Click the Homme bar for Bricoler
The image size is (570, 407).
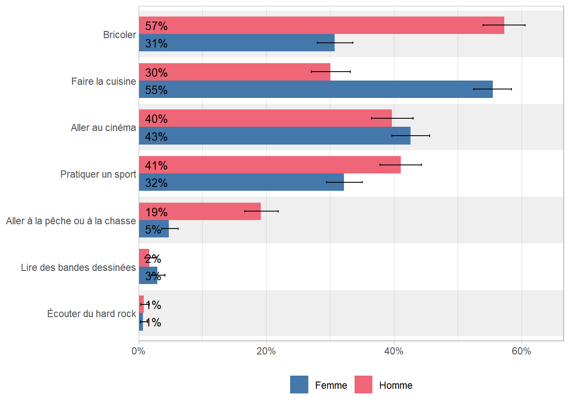pos(321,25)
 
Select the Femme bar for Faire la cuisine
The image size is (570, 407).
pos(316,89)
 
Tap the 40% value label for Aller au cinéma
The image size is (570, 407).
pos(156,119)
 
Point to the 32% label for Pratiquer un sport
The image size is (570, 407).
pos(156,183)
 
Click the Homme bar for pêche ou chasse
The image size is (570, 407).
pos(200,212)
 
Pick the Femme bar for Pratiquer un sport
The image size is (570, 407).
pos(241,182)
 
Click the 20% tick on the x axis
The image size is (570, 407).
pos(266,351)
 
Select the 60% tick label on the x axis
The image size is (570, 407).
pos(521,351)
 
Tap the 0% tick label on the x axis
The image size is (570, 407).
pos(138,351)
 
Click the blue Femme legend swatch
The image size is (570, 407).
pos(299,385)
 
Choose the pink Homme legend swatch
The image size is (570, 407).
pos(363,385)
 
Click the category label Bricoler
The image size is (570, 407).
pos(120,35)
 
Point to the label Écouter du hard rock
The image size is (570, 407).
pos(92,314)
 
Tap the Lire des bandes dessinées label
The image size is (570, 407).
pos(78,268)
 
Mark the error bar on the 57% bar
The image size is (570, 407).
pos(504,25)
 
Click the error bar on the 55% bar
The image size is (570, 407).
pos(492,89)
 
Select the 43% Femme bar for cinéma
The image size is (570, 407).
pos(274,136)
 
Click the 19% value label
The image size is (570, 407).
pos(156,212)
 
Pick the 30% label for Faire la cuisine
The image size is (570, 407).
pos(156,73)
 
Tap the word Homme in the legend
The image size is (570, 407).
pos(396,385)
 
